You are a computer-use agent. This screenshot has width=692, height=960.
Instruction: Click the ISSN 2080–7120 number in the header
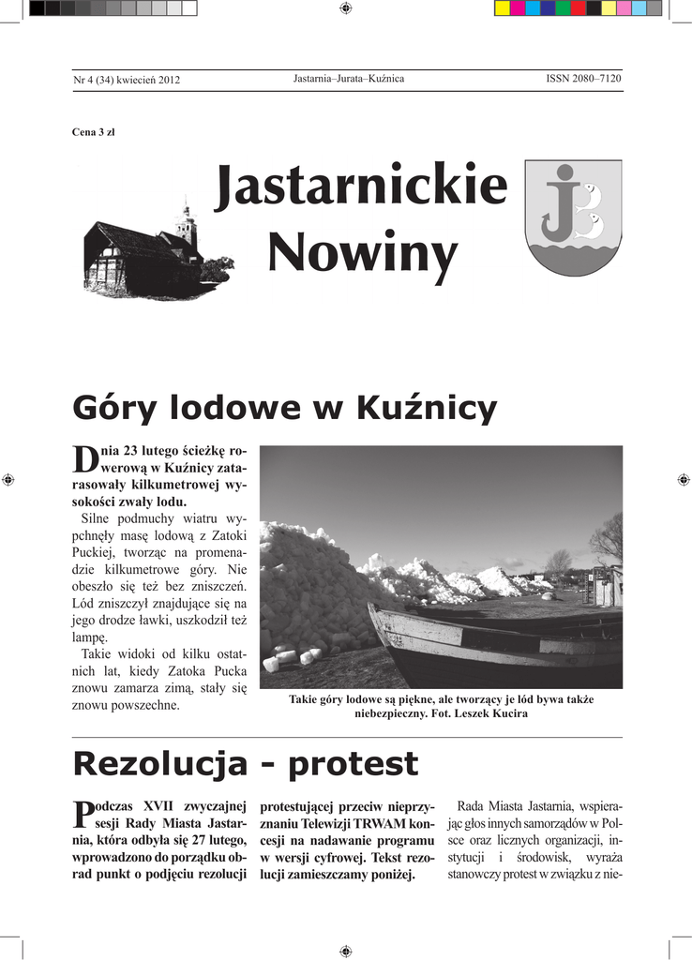[x=583, y=79]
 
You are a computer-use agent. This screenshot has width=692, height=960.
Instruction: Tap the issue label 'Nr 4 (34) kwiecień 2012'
[x=127, y=80]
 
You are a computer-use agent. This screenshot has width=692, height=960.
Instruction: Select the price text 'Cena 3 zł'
[x=93, y=132]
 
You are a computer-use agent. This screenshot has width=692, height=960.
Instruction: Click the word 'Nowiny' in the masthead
[x=363, y=253]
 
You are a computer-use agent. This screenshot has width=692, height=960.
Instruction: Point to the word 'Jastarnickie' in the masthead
[x=361, y=187]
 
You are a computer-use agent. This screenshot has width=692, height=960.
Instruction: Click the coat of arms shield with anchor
[x=572, y=217]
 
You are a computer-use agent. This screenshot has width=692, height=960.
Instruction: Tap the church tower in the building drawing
[x=187, y=222]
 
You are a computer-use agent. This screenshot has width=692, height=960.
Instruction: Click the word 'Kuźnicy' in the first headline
[x=427, y=408]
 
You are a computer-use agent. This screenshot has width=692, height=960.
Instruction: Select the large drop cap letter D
[x=84, y=458]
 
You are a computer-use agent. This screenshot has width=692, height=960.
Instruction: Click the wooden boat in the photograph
[x=488, y=647]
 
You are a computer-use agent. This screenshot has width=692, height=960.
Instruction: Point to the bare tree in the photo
[x=608, y=539]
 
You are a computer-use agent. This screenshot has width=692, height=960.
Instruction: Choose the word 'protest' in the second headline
[x=353, y=764]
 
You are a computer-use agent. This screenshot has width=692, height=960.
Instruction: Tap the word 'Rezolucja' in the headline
[x=159, y=764]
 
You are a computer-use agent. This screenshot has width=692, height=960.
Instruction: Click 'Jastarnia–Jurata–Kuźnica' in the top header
[x=349, y=79]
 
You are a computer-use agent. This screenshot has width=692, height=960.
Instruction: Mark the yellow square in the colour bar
[x=503, y=8]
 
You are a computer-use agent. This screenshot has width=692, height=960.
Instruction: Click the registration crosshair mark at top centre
[x=346, y=8]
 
